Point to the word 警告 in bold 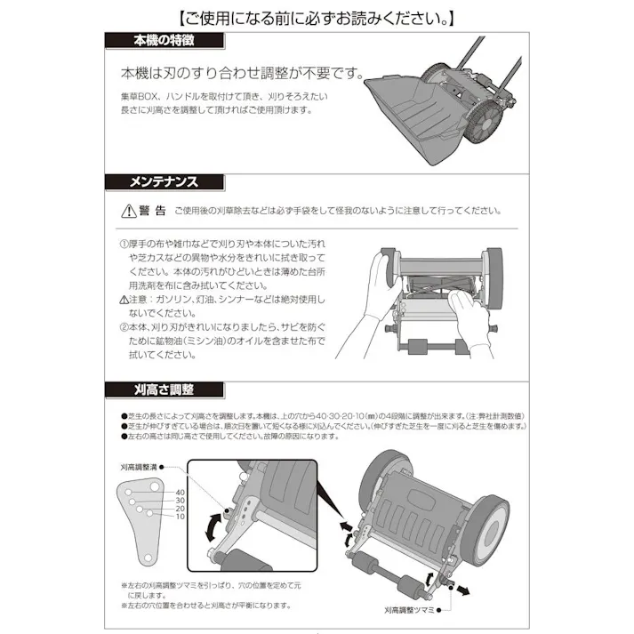153,211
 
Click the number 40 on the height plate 180,492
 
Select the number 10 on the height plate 180,517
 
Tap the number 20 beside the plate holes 180,509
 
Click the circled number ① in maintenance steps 124,242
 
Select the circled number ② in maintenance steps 124,326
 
